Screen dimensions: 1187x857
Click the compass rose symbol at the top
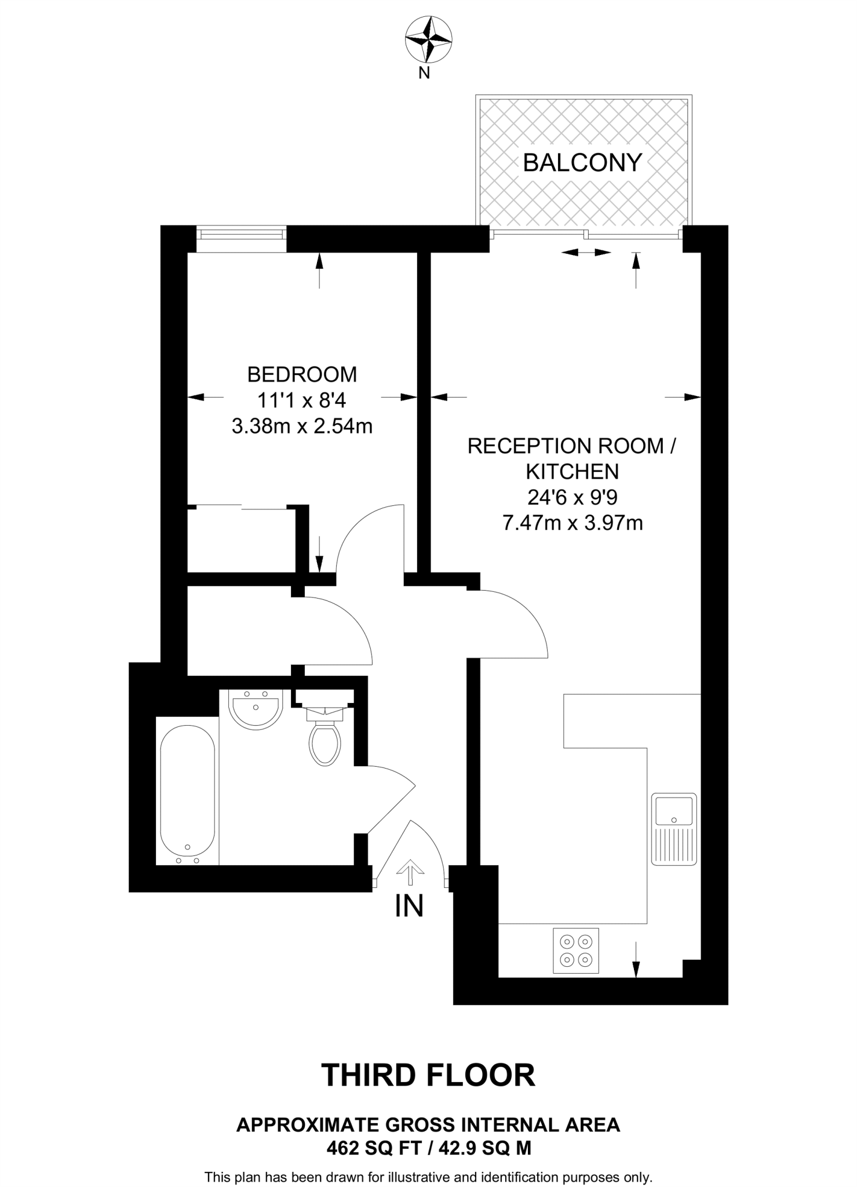428,40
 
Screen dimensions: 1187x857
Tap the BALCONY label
582,163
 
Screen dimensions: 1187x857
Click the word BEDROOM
302,374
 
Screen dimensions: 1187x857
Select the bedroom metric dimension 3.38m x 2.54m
302,427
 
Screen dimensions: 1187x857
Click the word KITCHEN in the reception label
572,472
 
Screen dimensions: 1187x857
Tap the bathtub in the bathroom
187,792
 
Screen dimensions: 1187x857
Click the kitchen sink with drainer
674,829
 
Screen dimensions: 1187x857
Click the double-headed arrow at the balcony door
586,252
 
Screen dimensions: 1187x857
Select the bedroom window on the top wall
241,234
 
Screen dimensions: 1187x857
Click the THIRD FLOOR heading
428,1075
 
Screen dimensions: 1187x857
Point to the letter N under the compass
424,73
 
